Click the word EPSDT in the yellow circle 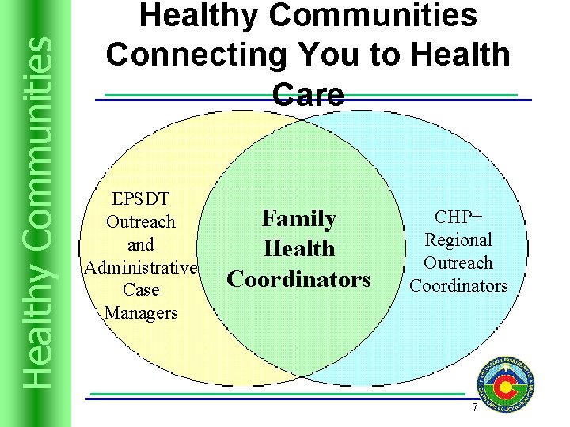141,198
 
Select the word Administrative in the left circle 140,267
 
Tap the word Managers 141,312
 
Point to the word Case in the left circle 141,289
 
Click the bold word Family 299,218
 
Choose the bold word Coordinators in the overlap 298,279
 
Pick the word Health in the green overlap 299,248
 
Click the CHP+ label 458,217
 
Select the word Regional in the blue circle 458,240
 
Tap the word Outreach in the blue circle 458,263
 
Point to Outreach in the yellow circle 141,221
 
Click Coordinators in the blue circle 458,285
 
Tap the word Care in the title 308,94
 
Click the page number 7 474,408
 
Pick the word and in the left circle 141,244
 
